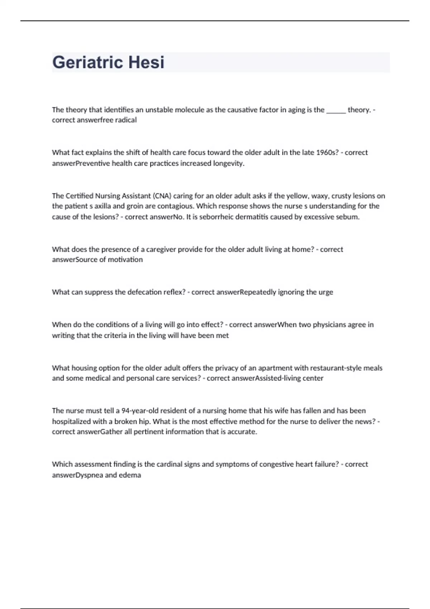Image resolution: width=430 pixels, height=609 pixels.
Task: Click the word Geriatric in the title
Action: (87, 62)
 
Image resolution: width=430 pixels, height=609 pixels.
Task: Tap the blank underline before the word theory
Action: (336, 110)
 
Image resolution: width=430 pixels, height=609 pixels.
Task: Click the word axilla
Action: (103, 206)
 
